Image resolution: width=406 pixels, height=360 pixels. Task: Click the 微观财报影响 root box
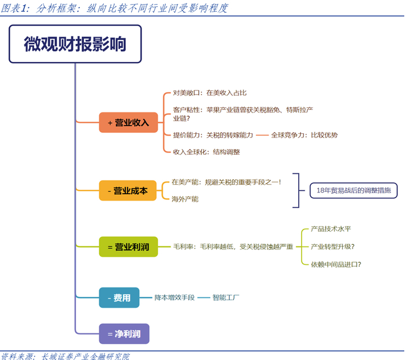(x=75, y=45)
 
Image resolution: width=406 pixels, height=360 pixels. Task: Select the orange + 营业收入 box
(x=128, y=122)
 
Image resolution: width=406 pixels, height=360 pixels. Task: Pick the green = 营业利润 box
(x=128, y=247)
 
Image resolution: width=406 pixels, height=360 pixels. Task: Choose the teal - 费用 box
(x=118, y=298)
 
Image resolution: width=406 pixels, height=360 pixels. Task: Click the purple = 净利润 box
(x=124, y=333)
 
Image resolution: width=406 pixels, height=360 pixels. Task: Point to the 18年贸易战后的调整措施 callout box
(x=349, y=190)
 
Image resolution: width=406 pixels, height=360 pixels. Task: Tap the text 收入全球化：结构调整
(x=206, y=152)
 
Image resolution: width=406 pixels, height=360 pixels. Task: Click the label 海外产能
(x=185, y=199)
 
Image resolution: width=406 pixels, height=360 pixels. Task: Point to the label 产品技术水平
(x=334, y=229)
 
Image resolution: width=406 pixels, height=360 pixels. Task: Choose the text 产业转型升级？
(x=332, y=246)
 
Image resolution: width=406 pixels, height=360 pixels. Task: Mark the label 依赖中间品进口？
(x=336, y=264)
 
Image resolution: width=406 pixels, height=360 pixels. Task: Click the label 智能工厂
(x=226, y=298)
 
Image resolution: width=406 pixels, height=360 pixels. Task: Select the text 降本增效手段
(x=173, y=298)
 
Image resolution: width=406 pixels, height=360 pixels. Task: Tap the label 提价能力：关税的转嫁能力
(x=213, y=135)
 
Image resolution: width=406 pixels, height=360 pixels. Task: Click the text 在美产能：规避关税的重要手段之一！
(x=226, y=182)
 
